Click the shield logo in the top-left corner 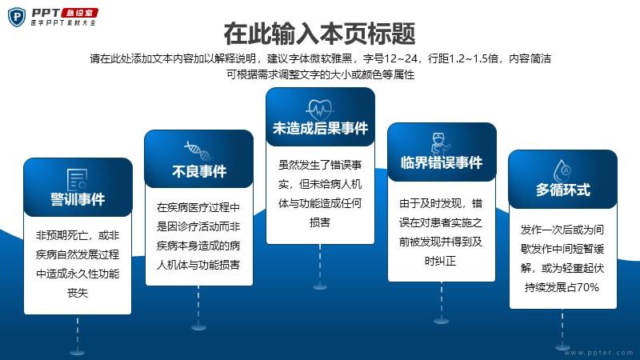tap(17, 17)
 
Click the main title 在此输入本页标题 tap(319, 34)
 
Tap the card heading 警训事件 tap(78, 199)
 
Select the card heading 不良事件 tap(199, 171)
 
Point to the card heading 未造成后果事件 tap(321, 128)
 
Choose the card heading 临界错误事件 tap(442, 162)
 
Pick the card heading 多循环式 tap(563, 190)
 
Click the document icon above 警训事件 tap(77, 179)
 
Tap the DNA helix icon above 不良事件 tap(198, 150)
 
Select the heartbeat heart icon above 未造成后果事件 tap(320, 110)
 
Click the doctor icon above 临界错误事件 tap(441, 143)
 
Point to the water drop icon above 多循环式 tap(562, 170)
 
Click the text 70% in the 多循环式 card tap(588, 287)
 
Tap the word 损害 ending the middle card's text tap(319, 222)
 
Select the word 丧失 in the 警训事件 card tap(78, 293)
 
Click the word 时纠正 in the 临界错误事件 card tap(441, 261)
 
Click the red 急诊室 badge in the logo tap(79, 13)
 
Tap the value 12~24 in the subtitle tap(401, 58)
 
